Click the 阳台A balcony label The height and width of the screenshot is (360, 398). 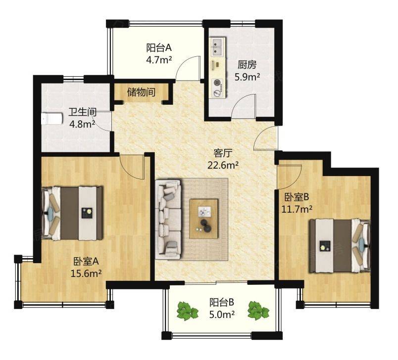click(159, 47)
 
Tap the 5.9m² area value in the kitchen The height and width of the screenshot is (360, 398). click(247, 77)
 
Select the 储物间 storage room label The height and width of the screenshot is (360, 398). click(141, 92)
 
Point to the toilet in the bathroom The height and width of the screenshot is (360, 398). click(51, 119)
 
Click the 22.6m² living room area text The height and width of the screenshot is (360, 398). click(223, 165)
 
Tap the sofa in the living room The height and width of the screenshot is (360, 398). click(168, 219)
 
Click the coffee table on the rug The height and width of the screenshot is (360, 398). click(204, 219)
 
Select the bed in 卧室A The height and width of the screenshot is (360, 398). click(72, 213)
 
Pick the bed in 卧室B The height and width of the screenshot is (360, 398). click(340, 246)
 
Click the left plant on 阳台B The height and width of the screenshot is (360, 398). click(187, 310)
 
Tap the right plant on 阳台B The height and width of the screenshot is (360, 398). click(258, 310)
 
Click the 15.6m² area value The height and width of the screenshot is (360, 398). click(86, 273)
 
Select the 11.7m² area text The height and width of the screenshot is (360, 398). click(297, 209)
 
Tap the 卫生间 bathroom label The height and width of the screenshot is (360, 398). click(82, 112)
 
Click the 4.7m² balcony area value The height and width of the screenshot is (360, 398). click(159, 60)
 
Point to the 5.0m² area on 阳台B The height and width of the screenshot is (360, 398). click(222, 315)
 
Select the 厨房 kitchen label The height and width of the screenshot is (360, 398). click(247, 65)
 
